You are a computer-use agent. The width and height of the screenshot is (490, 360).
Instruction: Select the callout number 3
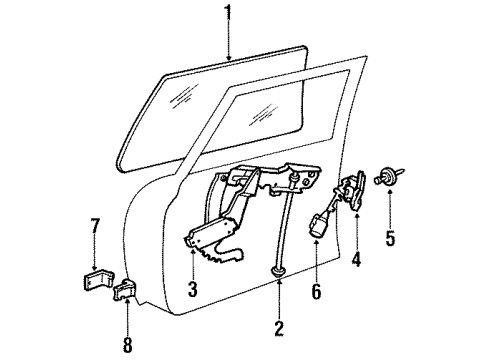tap(192, 291)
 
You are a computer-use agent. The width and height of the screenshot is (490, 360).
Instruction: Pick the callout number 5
tap(391, 238)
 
